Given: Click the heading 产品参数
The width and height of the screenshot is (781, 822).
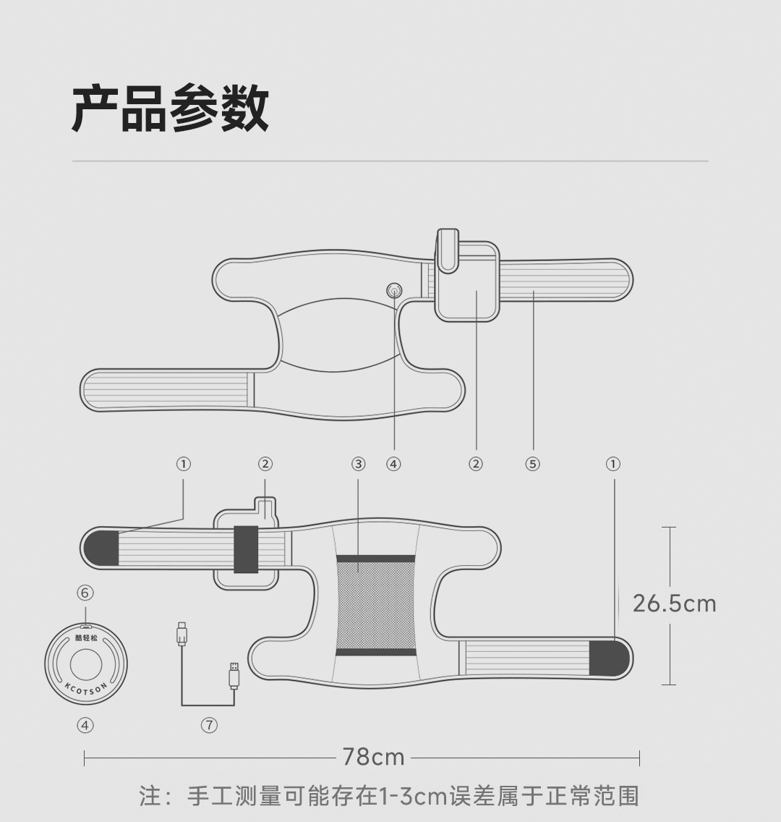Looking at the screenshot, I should pos(171,109).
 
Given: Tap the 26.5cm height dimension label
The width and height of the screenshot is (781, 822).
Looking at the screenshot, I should pos(674,603).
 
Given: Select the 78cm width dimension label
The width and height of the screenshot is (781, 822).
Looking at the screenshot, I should pos(373,757).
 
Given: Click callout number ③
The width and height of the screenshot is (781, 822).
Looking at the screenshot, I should pos(359,464).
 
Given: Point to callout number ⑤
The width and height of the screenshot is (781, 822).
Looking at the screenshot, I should pos(533,464).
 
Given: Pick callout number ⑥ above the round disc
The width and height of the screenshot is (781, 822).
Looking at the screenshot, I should pos(85,593).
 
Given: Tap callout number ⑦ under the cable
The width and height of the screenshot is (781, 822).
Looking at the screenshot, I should pos(209,725).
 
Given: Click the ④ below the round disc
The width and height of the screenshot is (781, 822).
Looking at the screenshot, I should pos(85,725).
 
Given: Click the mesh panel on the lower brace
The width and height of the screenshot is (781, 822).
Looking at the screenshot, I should pos(376,606).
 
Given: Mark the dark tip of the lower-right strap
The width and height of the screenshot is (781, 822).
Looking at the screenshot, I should pos(609,658).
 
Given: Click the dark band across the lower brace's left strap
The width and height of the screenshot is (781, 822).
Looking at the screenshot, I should pos(246,549).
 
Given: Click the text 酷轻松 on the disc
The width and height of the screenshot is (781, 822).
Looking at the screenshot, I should pos(86,638).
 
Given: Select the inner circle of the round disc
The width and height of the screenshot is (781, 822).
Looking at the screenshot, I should pos(86,662).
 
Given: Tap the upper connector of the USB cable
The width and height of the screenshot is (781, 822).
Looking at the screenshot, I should pos(182,634).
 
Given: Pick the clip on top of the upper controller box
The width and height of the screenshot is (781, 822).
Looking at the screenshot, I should pos(448,250).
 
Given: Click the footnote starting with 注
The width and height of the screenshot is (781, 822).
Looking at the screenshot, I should pos(389,796).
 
